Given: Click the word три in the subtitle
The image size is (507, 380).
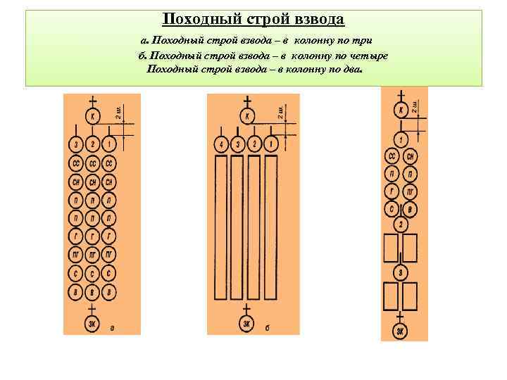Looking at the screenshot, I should tap(361, 42).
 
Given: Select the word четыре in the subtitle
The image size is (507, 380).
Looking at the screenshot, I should tap(368, 56).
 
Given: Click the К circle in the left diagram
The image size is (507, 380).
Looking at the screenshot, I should tap(93, 115).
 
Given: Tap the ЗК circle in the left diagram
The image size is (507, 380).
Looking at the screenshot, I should tap(93, 324).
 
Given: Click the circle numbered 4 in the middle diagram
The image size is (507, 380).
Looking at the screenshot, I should tap(220, 145).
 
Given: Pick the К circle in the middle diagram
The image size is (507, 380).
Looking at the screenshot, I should tap(246, 115).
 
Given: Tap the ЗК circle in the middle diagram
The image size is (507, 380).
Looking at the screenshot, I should tap(246, 324).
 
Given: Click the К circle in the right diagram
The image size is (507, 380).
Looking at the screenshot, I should tap(400, 110).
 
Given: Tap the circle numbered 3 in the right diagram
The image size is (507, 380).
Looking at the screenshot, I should tap(400, 272).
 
